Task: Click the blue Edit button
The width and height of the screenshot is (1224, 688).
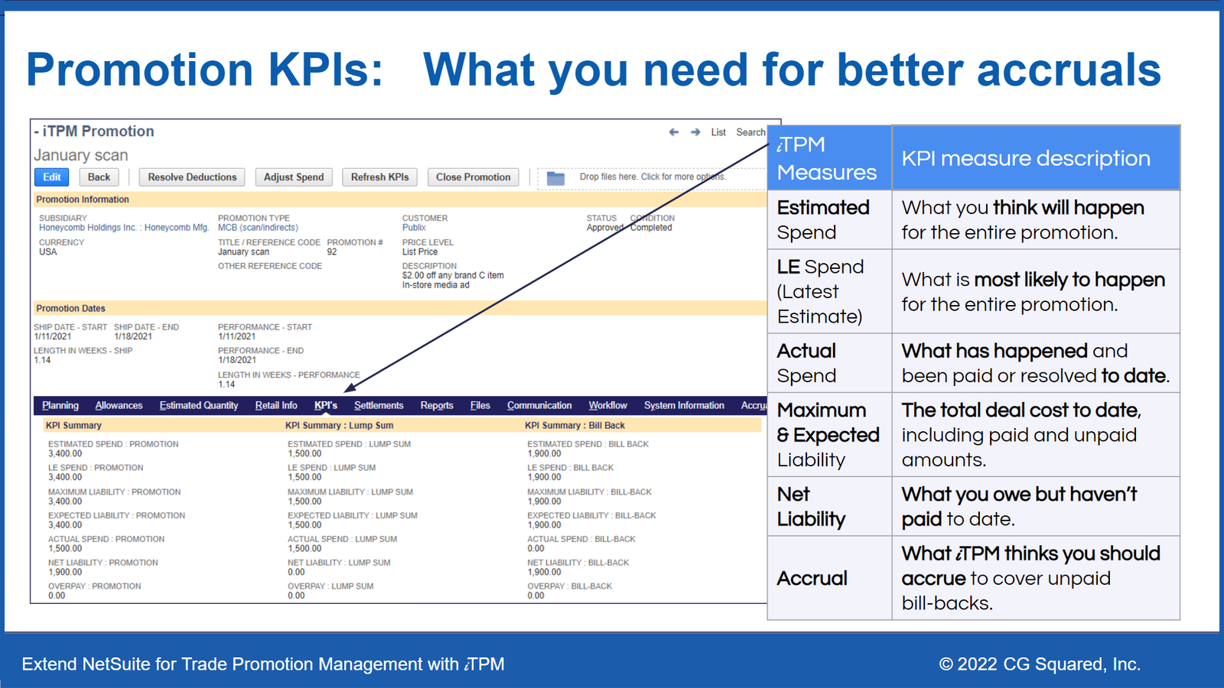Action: (x=51, y=177)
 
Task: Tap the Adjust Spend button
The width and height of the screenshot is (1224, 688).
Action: (x=294, y=177)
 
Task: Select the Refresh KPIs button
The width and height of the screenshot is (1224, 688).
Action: (x=379, y=177)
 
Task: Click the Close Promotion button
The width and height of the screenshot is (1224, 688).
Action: (x=474, y=177)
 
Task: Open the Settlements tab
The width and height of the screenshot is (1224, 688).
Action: (x=379, y=405)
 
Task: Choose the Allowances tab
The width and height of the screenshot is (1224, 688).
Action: (x=119, y=405)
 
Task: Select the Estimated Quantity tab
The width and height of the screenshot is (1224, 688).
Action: (x=198, y=405)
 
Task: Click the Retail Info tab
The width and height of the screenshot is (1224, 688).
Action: (x=276, y=405)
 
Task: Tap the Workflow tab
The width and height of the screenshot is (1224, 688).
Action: (x=607, y=405)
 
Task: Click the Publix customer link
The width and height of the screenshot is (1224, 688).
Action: (x=414, y=228)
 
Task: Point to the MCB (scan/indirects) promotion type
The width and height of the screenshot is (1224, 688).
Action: (x=258, y=228)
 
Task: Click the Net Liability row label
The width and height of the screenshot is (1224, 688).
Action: (x=811, y=506)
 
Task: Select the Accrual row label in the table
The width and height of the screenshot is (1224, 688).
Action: (x=812, y=578)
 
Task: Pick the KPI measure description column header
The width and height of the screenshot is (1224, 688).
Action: (x=1026, y=158)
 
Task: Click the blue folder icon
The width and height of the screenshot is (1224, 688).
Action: (x=555, y=178)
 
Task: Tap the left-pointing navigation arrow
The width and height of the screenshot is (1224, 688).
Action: (x=674, y=132)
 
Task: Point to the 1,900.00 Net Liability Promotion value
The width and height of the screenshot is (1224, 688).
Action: (x=65, y=573)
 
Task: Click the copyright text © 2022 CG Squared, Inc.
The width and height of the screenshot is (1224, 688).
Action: (x=1040, y=664)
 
